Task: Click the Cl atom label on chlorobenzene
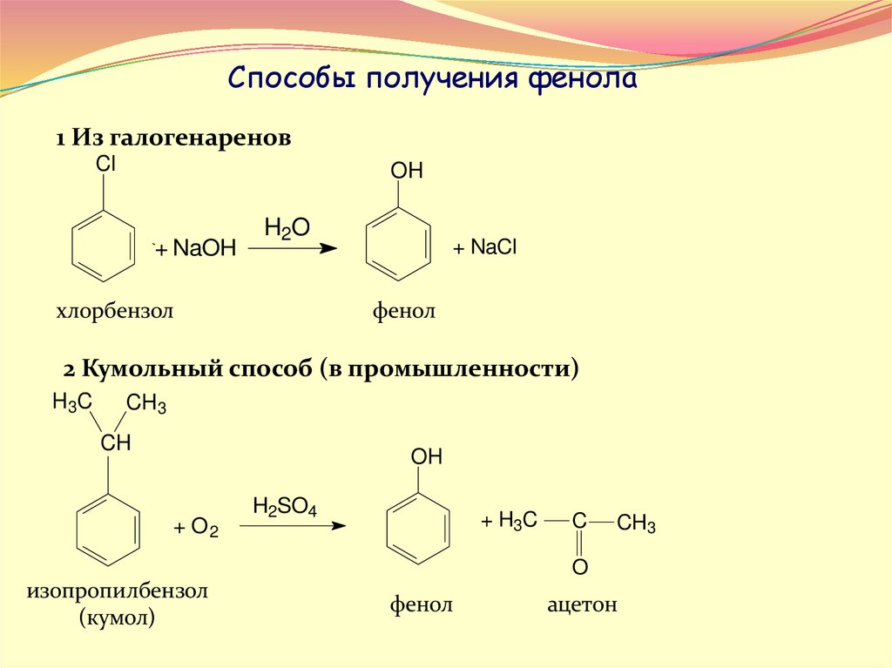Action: pyautogui.click(x=105, y=164)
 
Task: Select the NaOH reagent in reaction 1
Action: pyautogui.click(x=205, y=249)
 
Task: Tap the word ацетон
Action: pyautogui.click(x=582, y=604)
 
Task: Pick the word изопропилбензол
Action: pyautogui.click(x=118, y=592)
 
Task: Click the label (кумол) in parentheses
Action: pyautogui.click(x=117, y=619)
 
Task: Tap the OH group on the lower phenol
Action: pyautogui.click(x=427, y=456)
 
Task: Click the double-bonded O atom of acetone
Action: pyautogui.click(x=579, y=568)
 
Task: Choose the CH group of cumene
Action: pyautogui.click(x=115, y=442)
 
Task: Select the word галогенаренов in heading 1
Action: pyautogui.click(x=193, y=138)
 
